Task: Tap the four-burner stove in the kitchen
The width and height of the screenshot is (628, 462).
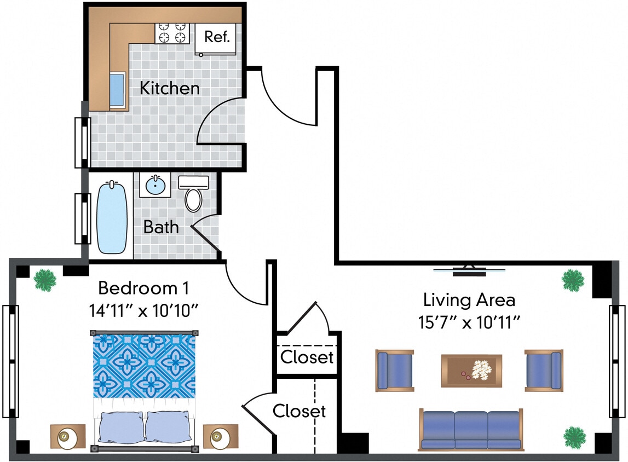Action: click(x=172, y=33)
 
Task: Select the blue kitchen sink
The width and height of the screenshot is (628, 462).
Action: click(x=117, y=89)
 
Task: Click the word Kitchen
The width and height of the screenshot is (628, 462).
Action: click(x=169, y=88)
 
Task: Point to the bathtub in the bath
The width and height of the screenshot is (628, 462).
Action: click(x=112, y=217)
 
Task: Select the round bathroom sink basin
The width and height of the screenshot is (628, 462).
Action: click(x=155, y=185)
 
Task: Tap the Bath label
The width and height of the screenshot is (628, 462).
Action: click(x=161, y=227)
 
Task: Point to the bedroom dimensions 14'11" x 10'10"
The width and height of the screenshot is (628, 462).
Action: click(x=143, y=310)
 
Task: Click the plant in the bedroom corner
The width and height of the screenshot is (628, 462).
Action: click(x=45, y=280)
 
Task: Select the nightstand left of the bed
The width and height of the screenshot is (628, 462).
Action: click(x=67, y=436)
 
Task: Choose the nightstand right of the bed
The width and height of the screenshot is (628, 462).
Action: click(x=220, y=436)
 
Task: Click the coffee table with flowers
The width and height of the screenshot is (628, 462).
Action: click(x=471, y=371)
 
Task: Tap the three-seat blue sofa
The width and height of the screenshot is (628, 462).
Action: click(x=471, y=429)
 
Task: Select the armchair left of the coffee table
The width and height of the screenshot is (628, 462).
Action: click(x=394, y=371)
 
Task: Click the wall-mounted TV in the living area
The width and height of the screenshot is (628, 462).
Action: click(x=469, y=269)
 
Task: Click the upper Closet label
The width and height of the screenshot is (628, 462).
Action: click(x=307, y=357)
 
